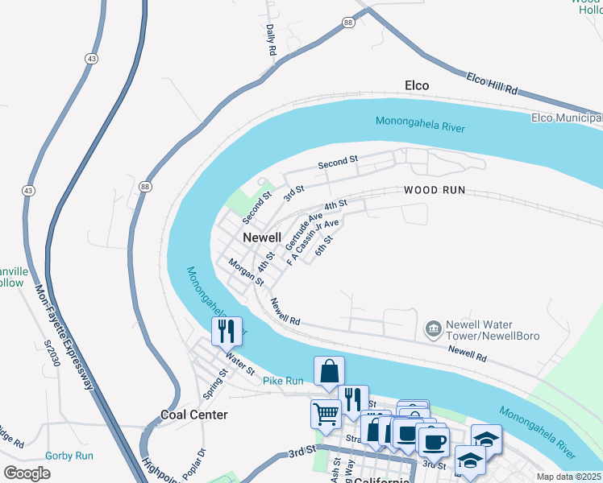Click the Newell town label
click(263, 237)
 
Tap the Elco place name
click(416, 85)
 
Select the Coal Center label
click(193, 415)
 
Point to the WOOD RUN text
click(435, 191)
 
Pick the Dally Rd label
click(271, 39)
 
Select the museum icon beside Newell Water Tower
click(434, 328)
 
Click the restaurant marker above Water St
click(226, 330)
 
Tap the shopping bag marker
click(329, 372)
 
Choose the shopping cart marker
click(326, 414)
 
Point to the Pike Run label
click(283, 380)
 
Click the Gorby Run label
click(69, 456)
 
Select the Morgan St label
click(246, 272)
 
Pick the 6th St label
click(323, 246)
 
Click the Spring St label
click(212, 384)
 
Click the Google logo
click(27, 473)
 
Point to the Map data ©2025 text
click(569, 477)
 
